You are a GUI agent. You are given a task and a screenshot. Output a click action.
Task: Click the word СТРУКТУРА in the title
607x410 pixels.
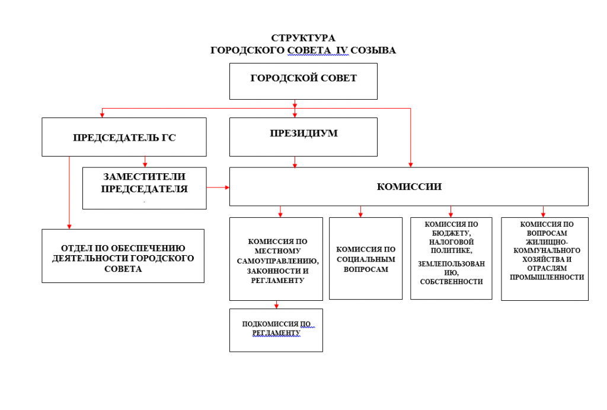pyautogui.click(x=303, y=39)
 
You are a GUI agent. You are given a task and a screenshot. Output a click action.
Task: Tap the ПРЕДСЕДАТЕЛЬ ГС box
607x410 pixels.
pyautogui.click(x=124, y=137)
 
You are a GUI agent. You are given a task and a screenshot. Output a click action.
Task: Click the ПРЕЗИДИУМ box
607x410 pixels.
pyautogui.click(x=303, y=136)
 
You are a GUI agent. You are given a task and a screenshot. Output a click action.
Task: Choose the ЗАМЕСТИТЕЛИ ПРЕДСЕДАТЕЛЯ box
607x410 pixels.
pyautogui.click(x=145, y=187)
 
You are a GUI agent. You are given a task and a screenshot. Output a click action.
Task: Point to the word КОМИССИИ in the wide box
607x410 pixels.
pyautogui.click(x=409, y=186)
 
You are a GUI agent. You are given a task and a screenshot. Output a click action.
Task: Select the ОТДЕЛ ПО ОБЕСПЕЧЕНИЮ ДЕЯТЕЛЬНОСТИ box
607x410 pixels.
pyautogui.click(x=123, y=256)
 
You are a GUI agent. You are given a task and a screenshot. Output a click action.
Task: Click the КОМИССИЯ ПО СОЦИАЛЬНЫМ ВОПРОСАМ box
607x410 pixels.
pyautogui.click(x=366, y=259)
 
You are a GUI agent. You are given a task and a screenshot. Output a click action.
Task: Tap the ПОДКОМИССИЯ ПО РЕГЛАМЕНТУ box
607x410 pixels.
pyautogui.click(x=276, y=329)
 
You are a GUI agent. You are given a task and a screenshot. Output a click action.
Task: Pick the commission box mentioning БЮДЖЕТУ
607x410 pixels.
pyautogui.click(x=451, y=258)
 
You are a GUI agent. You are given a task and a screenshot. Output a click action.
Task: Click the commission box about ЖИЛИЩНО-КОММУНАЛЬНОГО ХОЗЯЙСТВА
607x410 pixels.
pyautogui.click(x=545, y=258)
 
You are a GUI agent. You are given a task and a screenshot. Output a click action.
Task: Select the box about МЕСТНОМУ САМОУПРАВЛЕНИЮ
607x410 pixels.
pyautogui.click(x=276, y=259)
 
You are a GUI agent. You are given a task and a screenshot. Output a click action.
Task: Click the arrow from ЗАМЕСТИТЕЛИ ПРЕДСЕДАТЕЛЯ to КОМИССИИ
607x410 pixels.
pyautogui.click(x=218, y=187)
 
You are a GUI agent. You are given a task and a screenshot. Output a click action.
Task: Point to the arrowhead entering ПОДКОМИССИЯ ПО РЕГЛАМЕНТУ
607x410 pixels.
pyautogui.click(x=276, y=306)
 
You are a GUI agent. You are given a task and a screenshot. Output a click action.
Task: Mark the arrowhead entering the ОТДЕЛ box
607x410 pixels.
pyautogui.click(x=69, y=226)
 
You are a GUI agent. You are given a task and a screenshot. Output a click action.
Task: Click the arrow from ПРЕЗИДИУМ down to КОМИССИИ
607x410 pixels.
pyautogui.click(x=295, y=161)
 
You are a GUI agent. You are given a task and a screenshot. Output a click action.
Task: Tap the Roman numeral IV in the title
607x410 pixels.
pyautogui.click(x=341, y=50)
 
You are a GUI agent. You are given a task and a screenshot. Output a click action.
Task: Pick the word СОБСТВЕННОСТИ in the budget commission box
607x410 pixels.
pyautogui.click(x=451, y=281)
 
